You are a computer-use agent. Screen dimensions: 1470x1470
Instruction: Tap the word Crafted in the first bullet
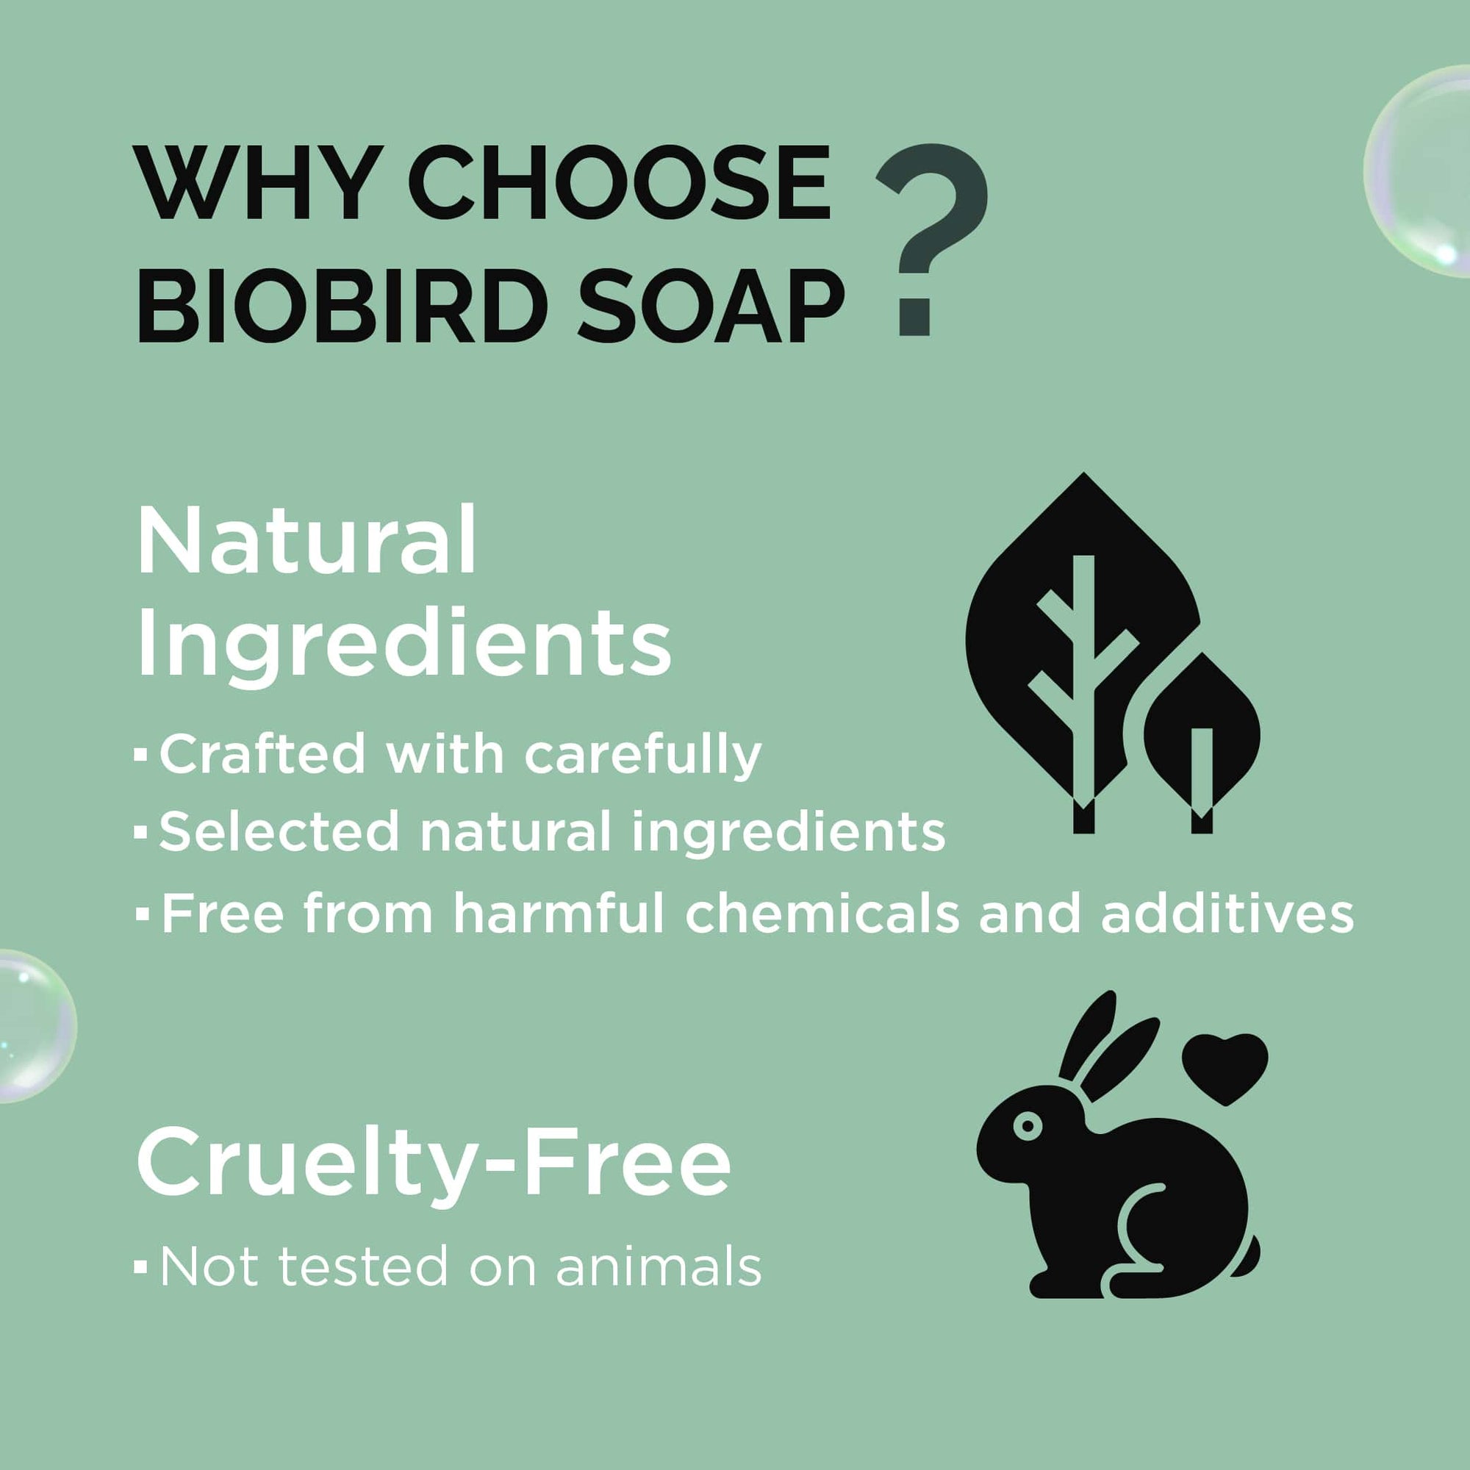pos(262,754)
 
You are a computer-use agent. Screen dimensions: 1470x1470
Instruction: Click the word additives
pos(1227,912)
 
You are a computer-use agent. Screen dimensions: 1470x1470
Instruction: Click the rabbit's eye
pos(1028,1125)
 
